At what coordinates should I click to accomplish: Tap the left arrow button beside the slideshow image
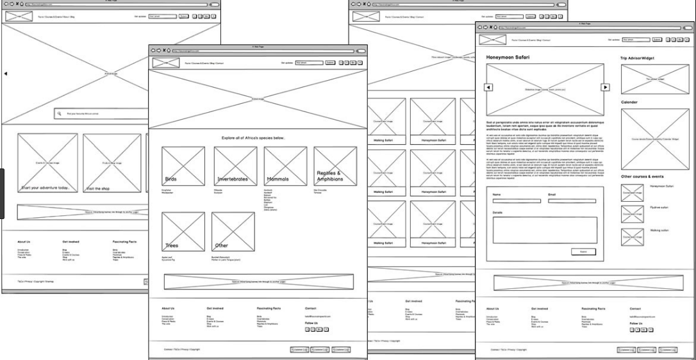tap(488, 87)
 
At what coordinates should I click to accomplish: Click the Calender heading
tap(629, 102)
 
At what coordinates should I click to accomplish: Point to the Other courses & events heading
tap(642, 176)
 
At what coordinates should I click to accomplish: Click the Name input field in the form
tap(517, 201)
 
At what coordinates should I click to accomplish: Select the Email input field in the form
tap(572, 201)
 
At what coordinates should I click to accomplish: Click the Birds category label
tap(171, 179)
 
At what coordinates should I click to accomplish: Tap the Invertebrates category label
tap(232, 179)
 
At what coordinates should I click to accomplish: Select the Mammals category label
tap(277, 179)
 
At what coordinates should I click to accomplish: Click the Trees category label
tap(172, 245)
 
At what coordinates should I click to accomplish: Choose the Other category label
tap(222, 245)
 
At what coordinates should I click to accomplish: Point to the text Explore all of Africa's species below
tap(253, 138)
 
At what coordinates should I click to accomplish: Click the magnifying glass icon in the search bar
tap(59, 113)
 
